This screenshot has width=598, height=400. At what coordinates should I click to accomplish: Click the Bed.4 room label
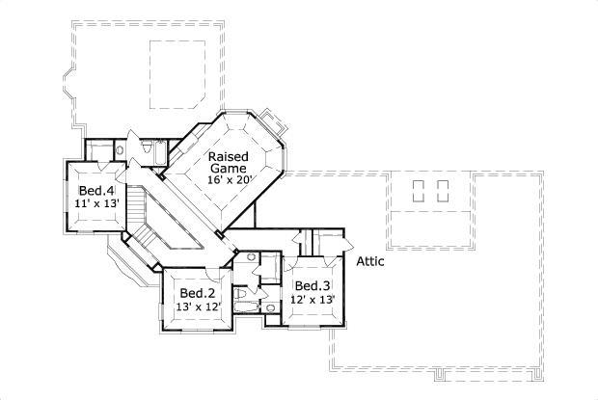(x=96, y=191)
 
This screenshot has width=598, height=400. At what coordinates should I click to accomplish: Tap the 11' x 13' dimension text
(x=96, y=204)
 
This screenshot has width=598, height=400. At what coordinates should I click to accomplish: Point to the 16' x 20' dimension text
(x=229, y=180)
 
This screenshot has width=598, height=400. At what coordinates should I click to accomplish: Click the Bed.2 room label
(x=197, y=293)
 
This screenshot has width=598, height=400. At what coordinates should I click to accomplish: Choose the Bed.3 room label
(x=313, y=285)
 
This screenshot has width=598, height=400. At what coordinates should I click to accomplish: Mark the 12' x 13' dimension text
(x=313, y=300)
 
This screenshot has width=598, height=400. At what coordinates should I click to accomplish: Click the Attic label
(x=372, y=261)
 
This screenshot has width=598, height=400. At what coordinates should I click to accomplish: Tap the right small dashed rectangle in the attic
(x=443, y=190)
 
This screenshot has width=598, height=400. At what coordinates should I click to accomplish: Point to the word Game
(x=230, y=168)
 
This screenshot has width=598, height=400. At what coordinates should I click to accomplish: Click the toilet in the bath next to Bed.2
(x=241, y=293)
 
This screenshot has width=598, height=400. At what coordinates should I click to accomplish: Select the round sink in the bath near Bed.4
(x=118, y=150)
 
